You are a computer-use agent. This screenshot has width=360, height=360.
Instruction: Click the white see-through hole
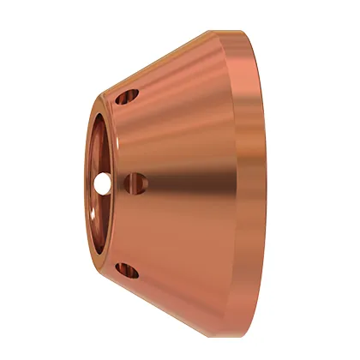(x=104, y=182)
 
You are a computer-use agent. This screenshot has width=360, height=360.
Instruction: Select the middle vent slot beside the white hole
(x=133, y=182)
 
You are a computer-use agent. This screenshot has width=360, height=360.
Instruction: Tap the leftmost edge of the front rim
(x=87, y=182)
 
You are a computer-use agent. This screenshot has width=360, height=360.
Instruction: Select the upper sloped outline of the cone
(x=171, y=59)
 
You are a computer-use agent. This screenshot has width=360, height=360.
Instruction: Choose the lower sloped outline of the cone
(x=171, y=304)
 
